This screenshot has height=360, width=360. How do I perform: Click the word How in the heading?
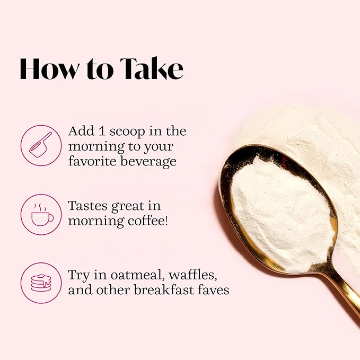click(49, 69)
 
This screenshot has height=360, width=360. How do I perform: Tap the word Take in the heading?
click(152, 68)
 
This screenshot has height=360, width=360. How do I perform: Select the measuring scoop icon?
click(40, 145)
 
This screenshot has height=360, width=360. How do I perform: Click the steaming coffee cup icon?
click(42, 214)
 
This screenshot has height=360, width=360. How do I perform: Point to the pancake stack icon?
click(41, 283)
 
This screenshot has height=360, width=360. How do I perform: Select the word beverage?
click(148, 161)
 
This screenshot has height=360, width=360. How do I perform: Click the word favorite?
click(93, 161)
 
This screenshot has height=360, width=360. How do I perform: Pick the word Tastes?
click(87, 206)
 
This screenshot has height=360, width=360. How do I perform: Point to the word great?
click(127, 207)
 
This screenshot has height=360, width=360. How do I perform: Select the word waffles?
click(193, 275)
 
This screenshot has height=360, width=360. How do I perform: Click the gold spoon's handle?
click(340, 289)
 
